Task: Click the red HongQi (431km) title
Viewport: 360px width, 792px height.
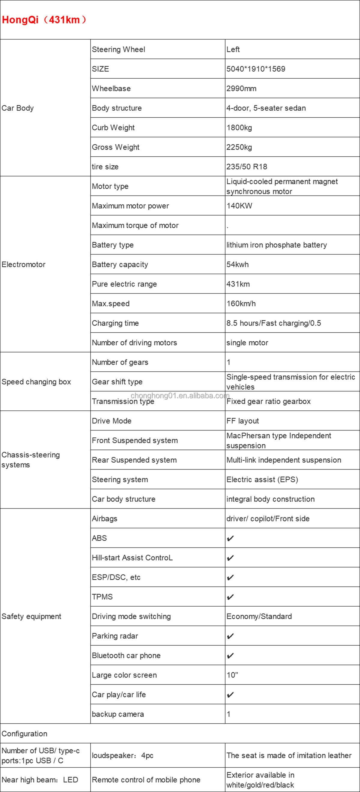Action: [44, 20]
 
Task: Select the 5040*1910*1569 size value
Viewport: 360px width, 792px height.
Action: [256, 69]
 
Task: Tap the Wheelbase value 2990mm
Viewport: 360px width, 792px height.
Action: [241, 88]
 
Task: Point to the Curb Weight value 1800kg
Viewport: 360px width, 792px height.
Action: [239, 127]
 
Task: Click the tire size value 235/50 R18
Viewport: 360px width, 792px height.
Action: [247, 166]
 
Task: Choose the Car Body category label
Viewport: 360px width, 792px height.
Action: [17, 108]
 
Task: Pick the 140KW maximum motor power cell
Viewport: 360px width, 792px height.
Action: [239, 206]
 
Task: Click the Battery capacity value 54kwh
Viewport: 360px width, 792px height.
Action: [237, 264]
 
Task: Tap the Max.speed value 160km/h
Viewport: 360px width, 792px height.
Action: [241, 304]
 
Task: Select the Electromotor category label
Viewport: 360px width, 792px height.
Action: [23, 264]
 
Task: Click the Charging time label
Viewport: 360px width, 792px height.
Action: [115, 323]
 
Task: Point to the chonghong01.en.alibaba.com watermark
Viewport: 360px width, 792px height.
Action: [180, 395]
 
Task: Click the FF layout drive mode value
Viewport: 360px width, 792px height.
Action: [243, 421]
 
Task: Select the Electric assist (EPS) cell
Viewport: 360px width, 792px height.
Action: [262, 480]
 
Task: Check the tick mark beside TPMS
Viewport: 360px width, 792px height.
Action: [230, 597]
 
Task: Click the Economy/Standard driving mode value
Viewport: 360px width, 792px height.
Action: [259, 616]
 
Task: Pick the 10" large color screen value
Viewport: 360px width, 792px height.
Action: [232, 675]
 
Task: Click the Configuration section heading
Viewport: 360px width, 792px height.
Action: [24, 734]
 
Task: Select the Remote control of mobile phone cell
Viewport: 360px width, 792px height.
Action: [146, 780]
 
